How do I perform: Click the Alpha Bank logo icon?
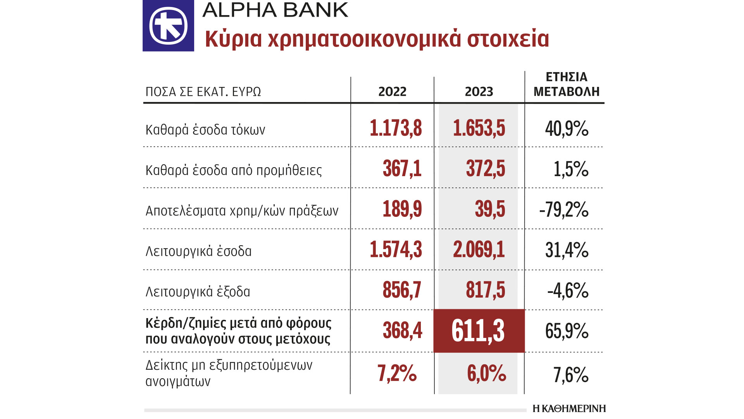point(168,26)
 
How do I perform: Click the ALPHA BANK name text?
point(275,10)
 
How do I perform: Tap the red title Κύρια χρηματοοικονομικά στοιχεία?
point(377,39)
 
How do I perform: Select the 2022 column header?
point(392,92)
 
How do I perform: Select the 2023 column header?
point(479,92)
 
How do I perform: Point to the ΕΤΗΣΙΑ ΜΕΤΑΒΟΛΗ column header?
point(566,84)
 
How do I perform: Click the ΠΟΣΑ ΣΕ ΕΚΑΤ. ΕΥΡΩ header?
point(203,92)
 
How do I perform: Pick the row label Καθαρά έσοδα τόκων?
point(205,130)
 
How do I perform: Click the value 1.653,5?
point(479,128)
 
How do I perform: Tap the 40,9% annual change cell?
point(567,129)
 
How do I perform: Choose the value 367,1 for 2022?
point(402,169)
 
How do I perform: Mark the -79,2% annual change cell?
point(564,210)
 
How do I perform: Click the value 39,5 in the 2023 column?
point(490,209)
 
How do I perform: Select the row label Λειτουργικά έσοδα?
point(198,251)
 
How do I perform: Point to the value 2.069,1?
point(479,249)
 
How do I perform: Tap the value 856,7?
point(402,290)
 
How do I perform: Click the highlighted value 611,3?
point(478,331)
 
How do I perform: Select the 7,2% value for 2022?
point(397,373)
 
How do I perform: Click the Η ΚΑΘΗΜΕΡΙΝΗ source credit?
point(569,409)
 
